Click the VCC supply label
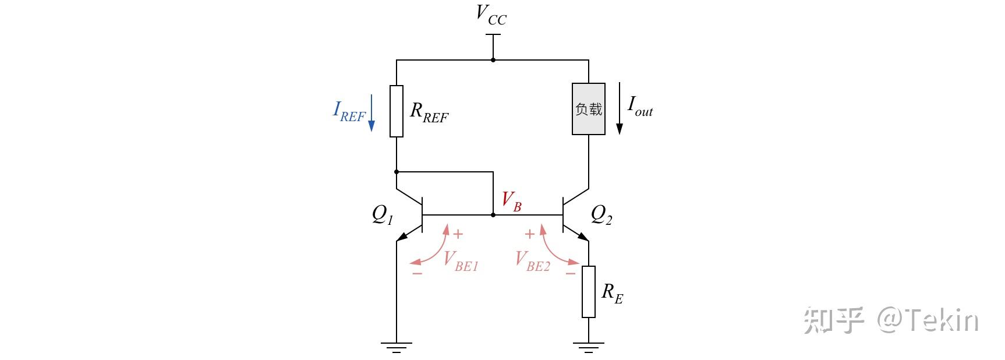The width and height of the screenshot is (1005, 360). [x=491, y=15]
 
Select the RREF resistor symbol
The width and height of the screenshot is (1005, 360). [x=397, y=111]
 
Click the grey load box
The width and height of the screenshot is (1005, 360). [x=589, y=109]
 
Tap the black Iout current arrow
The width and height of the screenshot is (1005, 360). [x=620, y=108]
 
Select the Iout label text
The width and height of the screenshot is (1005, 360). [x=640, y=106]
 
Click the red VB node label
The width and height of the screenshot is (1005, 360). [x=512, y=201]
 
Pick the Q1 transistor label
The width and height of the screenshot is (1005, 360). [x=383, y=216]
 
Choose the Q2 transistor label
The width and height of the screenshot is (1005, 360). [x=601, y=215]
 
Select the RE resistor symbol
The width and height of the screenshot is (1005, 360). [x=589, y=292]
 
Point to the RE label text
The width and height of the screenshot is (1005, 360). [x=612, y=293]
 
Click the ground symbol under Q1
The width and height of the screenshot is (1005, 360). [x=397, y=348]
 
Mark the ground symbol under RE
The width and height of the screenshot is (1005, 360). [x=589, y=348]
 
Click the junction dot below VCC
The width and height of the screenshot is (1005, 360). [x=493, y=60]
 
